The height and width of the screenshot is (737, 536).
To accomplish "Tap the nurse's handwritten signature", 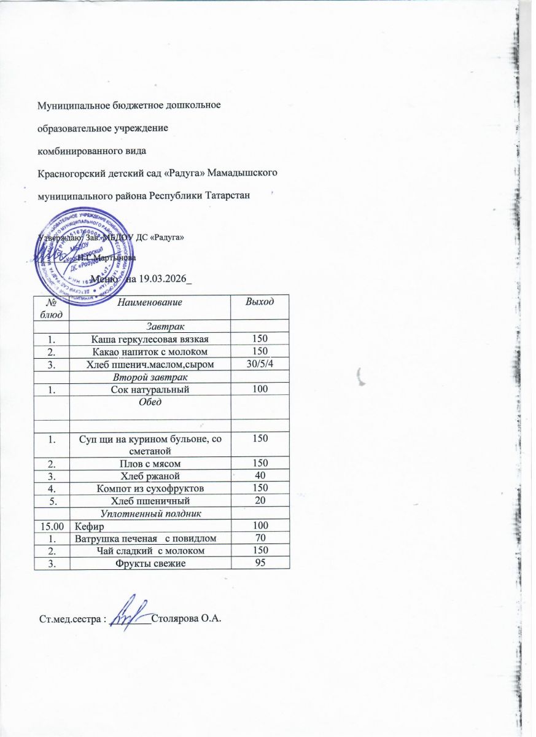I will [x=130, y=612].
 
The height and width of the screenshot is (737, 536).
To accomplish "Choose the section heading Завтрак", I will [x=166, y=324].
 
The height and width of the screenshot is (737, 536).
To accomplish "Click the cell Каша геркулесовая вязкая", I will [x=150, y=338].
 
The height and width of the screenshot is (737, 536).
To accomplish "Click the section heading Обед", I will [x=151, y=401].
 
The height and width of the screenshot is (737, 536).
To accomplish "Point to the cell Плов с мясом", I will [x=149, y=461].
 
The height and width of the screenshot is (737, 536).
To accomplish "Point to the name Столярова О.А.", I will [x=185, y=617].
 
